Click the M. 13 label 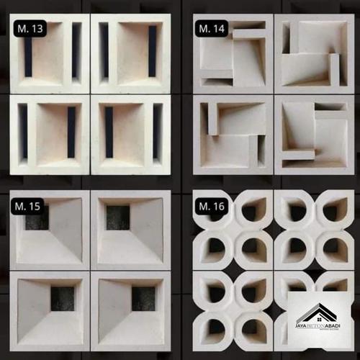point(29,29)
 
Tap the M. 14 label point(211,29)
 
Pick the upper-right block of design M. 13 point(130,53)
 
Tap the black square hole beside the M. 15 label point(37,218)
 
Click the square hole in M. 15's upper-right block point(118,217)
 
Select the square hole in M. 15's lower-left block point(63,298)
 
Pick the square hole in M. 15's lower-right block point(143,298)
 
